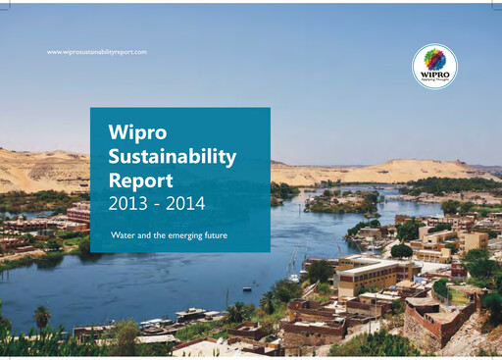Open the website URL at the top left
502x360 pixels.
tap(97, 51)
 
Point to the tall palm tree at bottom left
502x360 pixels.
tap(41, 316)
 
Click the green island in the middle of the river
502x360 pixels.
tap(338, 203)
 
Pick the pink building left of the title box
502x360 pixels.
tap(77, 214)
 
